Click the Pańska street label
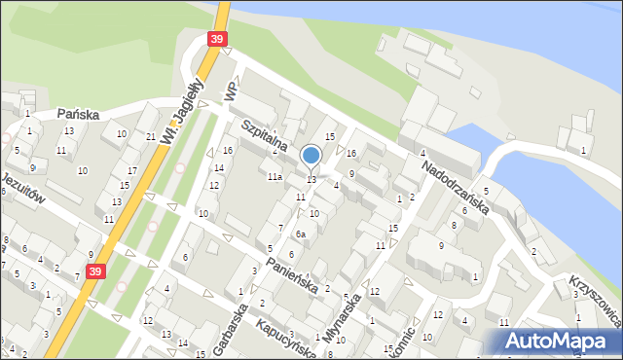click(x=78, y=114)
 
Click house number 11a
click(x=275, y=177)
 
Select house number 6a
click(x=302, y=234)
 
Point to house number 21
click(x=151, y=136)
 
